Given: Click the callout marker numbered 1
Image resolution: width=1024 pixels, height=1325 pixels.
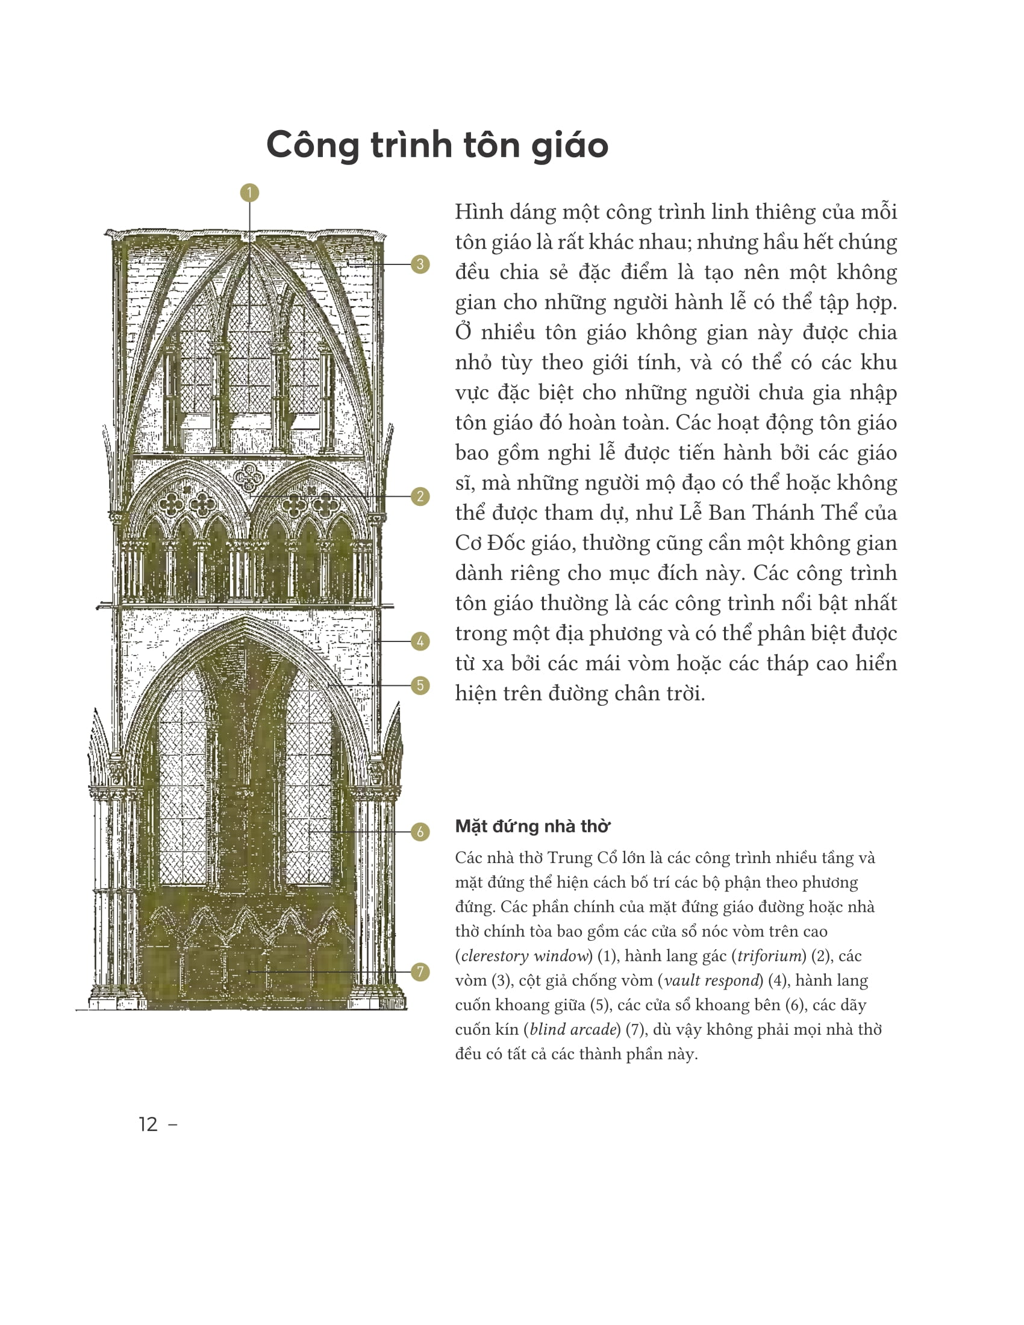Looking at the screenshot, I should point(249,193).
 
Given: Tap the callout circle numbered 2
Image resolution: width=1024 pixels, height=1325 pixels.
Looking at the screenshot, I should point(420,496).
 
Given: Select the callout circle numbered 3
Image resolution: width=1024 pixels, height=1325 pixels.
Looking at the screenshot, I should point(420,264).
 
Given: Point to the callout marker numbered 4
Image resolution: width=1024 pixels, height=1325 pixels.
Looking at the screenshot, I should point(420,641).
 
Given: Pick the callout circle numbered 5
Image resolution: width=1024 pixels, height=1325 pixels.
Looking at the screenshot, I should point(420,685).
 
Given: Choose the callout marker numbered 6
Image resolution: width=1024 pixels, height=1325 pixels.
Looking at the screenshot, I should point(420,831).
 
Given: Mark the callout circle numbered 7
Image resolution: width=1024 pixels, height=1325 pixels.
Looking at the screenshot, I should point(420,971).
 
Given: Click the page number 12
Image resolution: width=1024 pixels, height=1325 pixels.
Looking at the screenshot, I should point(148,1124).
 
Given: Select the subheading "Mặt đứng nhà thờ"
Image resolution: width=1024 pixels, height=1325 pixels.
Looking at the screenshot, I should point(532,826).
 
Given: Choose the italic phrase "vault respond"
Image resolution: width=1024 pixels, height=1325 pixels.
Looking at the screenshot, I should point(712,980).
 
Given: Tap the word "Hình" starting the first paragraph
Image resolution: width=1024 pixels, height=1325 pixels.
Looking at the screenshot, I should point(478,212).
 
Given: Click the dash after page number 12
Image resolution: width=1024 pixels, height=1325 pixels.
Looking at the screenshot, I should point(172,1124).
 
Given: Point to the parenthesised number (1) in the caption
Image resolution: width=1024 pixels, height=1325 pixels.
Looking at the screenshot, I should point(608,956).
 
